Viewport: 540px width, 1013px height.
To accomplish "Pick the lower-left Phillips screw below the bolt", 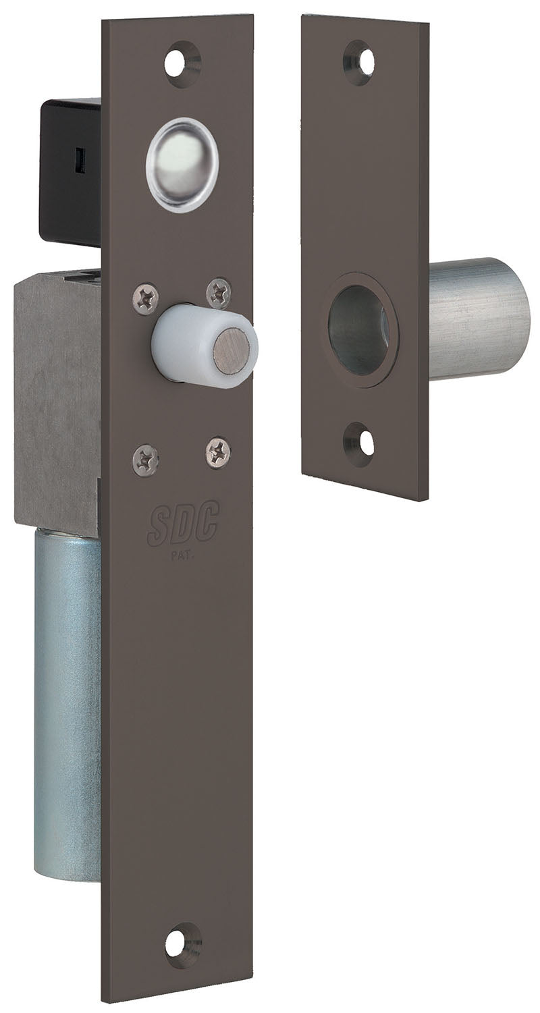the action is [x=146, y=459].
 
